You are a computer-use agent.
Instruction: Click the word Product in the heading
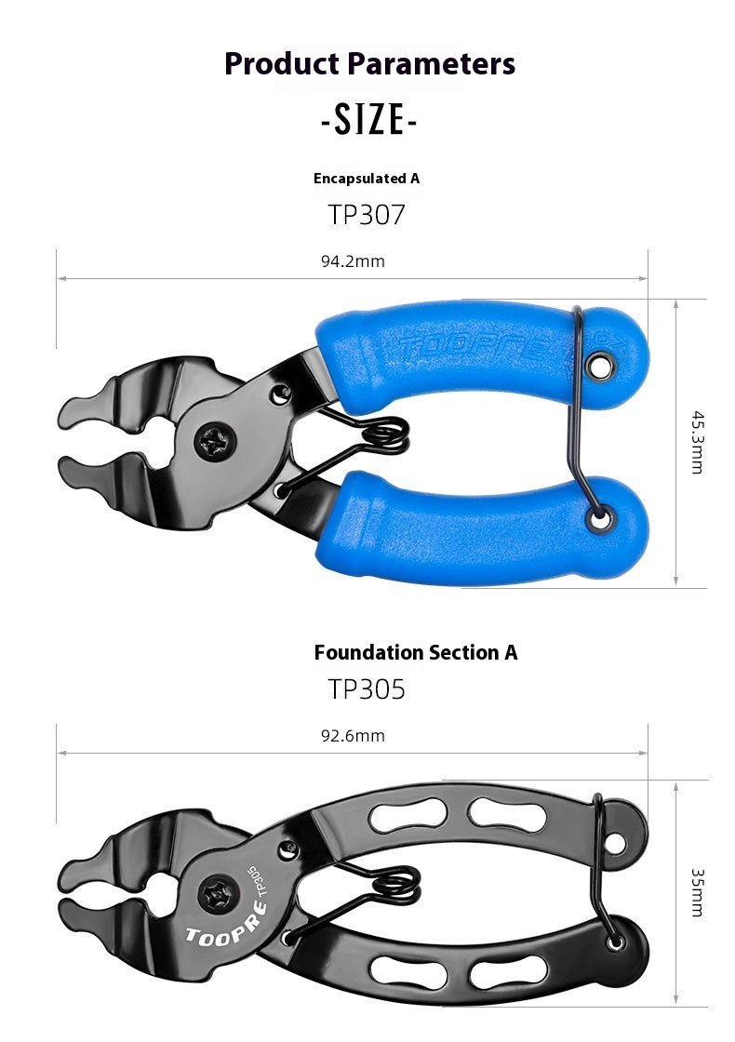282,64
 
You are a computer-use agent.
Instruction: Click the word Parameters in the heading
432,64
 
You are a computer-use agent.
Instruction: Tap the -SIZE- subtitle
368,120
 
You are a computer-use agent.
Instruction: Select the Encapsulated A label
367,178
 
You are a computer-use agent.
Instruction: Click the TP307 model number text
367,215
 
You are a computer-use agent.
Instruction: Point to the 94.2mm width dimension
353,261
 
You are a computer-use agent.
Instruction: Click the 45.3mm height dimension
697,442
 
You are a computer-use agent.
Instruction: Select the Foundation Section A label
415,652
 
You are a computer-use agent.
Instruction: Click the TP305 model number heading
367,689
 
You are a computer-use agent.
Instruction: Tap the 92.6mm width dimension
353,736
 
